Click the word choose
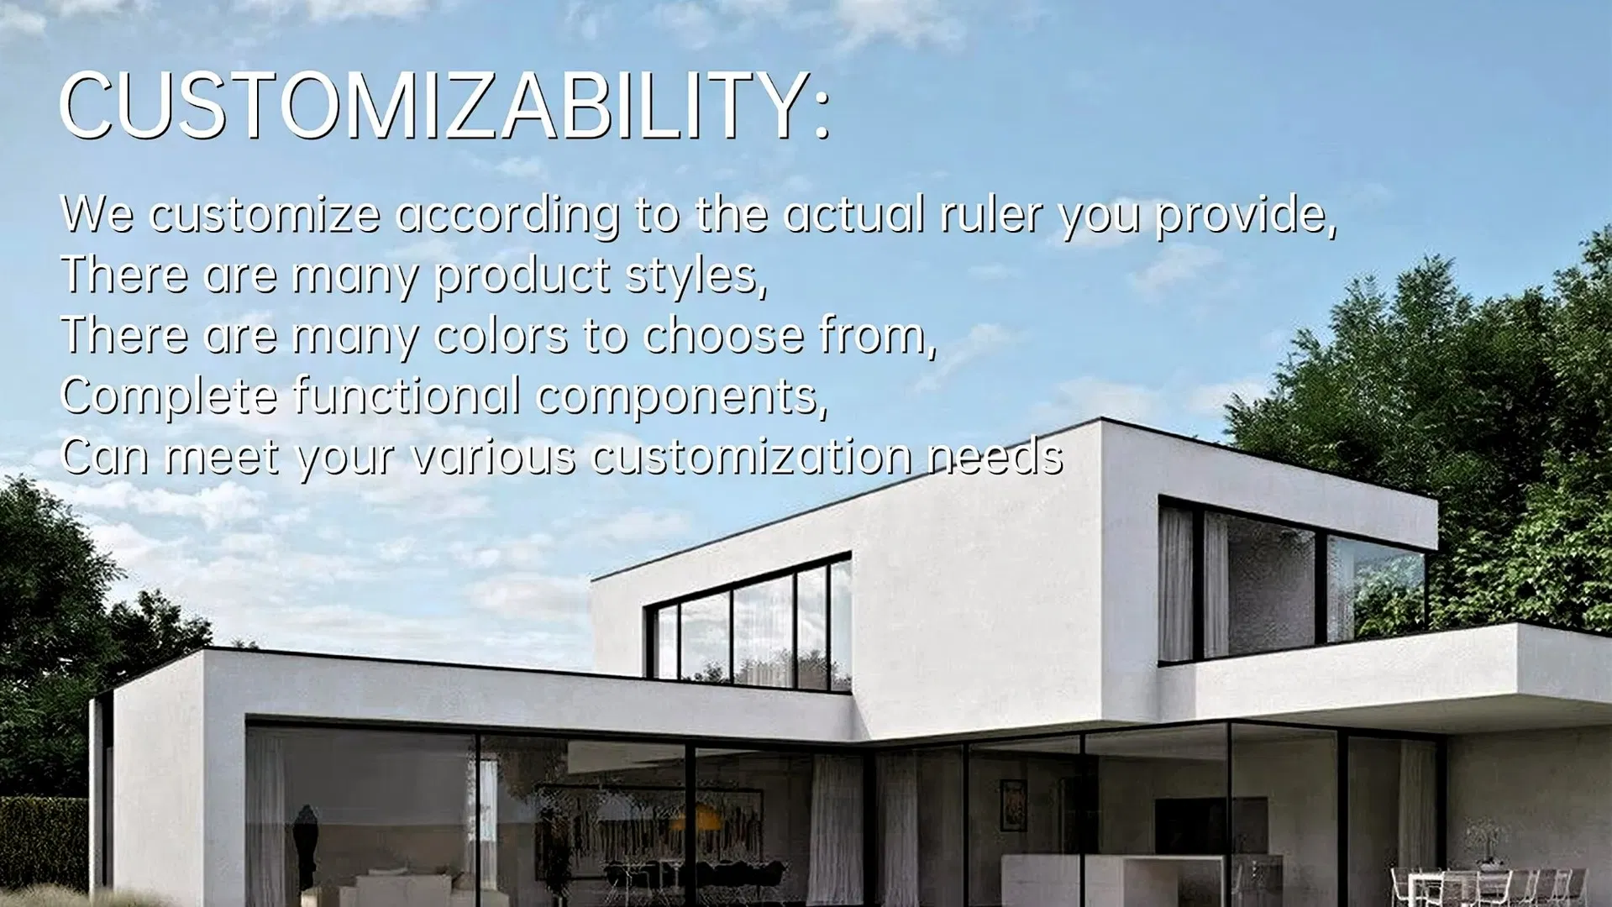pyautogui.click(x=723, y=336)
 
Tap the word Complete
pyautogui.click(x=169, y=396)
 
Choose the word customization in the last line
pyautogui.click(x=751, y=457)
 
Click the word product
pyautogui.click(x=522, y=276)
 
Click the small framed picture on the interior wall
pyautogui.click(x=1013, y=803)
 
